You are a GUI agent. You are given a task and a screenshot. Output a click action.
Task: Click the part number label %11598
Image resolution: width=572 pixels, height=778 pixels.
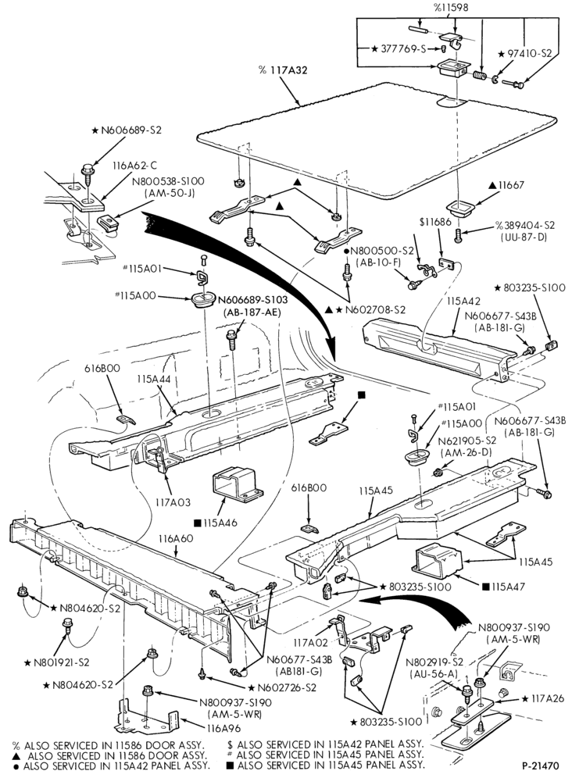pyautogui.click(x=450, y=8)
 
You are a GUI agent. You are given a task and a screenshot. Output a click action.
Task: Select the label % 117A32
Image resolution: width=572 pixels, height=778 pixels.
pyautogui.click(x=283, y=70)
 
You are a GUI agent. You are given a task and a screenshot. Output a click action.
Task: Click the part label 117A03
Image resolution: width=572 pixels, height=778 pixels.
pyautogui.click(x=173, y=502)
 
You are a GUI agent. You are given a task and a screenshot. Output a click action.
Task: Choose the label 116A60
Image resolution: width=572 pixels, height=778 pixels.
pyautogui.click(x=176, y=538)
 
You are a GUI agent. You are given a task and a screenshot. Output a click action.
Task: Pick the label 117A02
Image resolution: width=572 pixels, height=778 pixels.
pyautogui.click(x=310, y=643)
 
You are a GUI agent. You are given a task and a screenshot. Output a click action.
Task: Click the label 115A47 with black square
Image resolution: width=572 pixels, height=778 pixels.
pyautogui.click(x=504, y=587)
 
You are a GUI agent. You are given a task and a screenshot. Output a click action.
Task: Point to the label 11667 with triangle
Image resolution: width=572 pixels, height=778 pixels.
pyautogui.click(x=506, y=185)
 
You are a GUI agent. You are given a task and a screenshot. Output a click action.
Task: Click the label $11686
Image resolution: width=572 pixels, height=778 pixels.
pyautogui.click(x=435, y=222)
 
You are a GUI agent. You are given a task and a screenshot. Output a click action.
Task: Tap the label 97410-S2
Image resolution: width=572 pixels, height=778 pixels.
pyautogui.click(x=525, y=54)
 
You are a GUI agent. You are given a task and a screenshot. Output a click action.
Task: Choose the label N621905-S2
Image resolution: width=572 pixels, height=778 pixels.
pyautogui.click(x=469, y=441)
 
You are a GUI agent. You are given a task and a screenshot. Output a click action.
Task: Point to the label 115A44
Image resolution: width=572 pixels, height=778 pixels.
pyautogui.click(x=154, y=378)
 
